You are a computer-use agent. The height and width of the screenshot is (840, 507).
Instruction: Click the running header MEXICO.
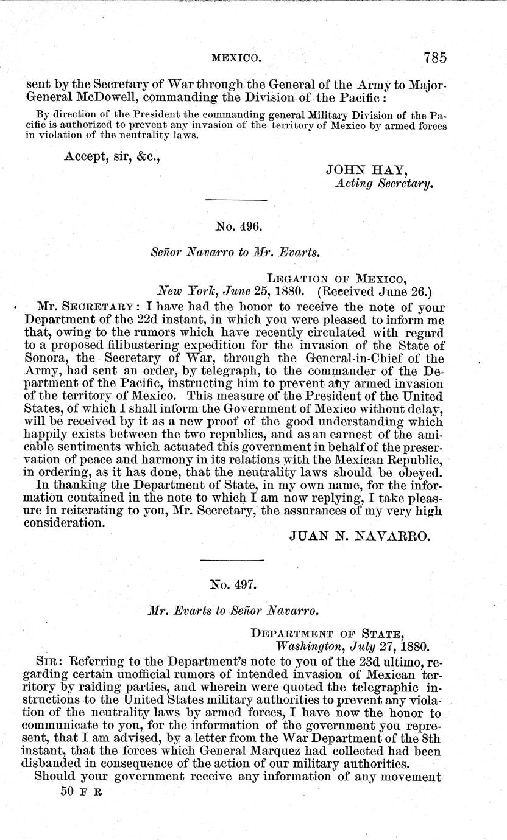point(236,58)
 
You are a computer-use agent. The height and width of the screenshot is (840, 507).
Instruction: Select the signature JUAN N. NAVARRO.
point(361,536)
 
